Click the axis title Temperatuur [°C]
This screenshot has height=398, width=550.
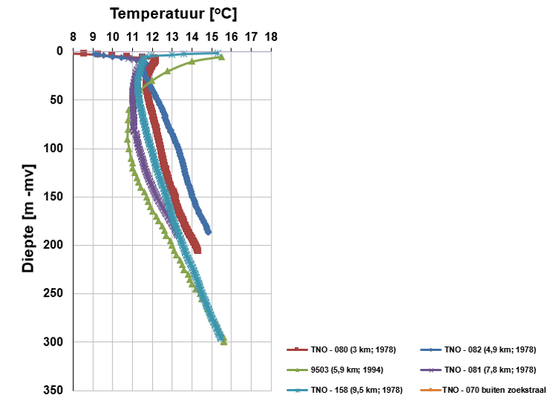click(x=173, y=13)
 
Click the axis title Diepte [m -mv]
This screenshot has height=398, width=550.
click(x=28, y=217)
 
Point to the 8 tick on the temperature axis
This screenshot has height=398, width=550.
click(x=73, y=36)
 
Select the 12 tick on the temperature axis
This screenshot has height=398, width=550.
click(x=152, y=36)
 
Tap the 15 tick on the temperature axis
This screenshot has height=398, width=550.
click(x=211, y=36)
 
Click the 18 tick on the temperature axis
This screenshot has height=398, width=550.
click(x=270, y=36)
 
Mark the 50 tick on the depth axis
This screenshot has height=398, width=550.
click(x=56, y=100)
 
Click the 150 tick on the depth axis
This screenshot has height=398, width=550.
click(x=53, y=197)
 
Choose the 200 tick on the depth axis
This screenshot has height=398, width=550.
click(x=53, y=246)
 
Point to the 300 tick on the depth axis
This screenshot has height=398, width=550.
click(x=53, y=342)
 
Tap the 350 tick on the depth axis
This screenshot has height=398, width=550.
click(x=53, y=391)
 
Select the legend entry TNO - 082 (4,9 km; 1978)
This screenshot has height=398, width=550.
click(x=493, y=349)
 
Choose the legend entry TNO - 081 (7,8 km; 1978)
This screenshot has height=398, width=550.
click(x=493, y=369)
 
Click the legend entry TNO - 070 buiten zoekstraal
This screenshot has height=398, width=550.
click(x=494, y=390)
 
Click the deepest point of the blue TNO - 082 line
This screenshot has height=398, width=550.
click(x=208, y=232)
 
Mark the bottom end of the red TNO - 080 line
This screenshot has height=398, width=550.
click(x=197, y=251)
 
